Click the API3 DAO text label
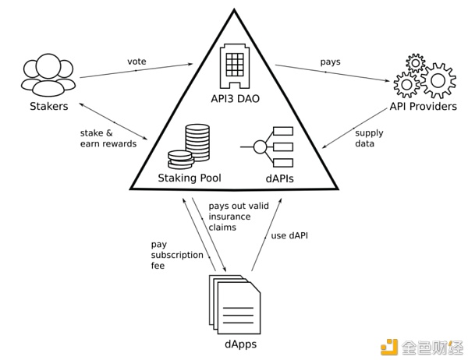234,101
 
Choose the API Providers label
424,106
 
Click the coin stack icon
191,147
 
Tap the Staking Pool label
190,178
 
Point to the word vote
137,62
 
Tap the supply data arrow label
369,138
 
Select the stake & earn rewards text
108,138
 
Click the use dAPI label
289,235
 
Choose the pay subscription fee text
177,255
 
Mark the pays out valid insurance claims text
229,217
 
